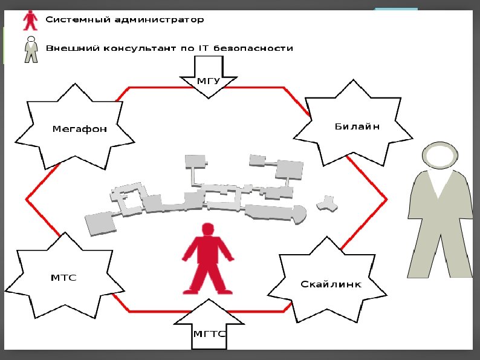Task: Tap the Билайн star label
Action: pos(357,126)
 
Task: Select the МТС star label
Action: pos(63,277)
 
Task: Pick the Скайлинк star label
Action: pos(331,284)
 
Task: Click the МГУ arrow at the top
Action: pos(209,80)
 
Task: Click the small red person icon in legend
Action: pos(30,20)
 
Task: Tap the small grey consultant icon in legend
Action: pos(30,49)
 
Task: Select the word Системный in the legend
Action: pos(75,19)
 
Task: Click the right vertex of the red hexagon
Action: pos(386,198)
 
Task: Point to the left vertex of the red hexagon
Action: pos(26,198)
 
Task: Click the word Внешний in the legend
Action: pos(68,48)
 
